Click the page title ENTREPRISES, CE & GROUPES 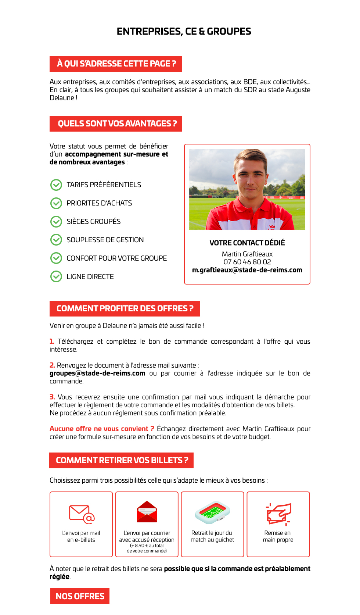184,32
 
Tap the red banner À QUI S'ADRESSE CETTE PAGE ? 116,64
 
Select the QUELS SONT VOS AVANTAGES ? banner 116,124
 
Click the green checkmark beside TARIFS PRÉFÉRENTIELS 56,185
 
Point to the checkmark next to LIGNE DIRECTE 56,276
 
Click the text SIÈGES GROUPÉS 93,221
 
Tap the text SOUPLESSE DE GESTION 105,240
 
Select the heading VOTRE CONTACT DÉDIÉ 247,243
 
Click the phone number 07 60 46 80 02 247,262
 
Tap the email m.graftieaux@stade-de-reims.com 247,270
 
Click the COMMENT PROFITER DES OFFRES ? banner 125,308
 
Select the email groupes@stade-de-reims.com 97,373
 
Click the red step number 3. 52,397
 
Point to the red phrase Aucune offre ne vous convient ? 102,429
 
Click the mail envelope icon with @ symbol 82,514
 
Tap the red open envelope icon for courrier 147,512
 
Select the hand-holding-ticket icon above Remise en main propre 278,514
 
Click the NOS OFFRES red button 80,596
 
